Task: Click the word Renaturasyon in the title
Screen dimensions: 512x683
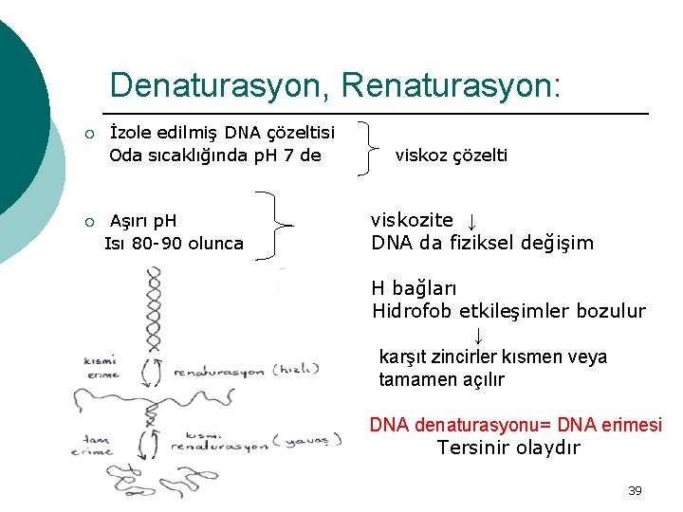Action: (x=451, y=85)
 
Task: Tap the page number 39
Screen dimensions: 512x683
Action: (x=635, y=490)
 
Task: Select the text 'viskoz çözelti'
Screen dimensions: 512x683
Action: (x=452, y=155)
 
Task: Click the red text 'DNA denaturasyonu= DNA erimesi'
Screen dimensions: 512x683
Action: (x=516, y=425)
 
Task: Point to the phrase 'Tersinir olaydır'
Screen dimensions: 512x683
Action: (x=508, y=448)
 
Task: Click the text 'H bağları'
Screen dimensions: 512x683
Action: (x=415, y=287)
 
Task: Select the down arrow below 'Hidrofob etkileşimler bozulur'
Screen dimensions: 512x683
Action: (x=479, y=335)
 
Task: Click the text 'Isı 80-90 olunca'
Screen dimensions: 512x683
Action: (x=174, y=244)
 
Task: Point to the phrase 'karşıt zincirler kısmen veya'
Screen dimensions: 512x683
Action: (x=492, y=357)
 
